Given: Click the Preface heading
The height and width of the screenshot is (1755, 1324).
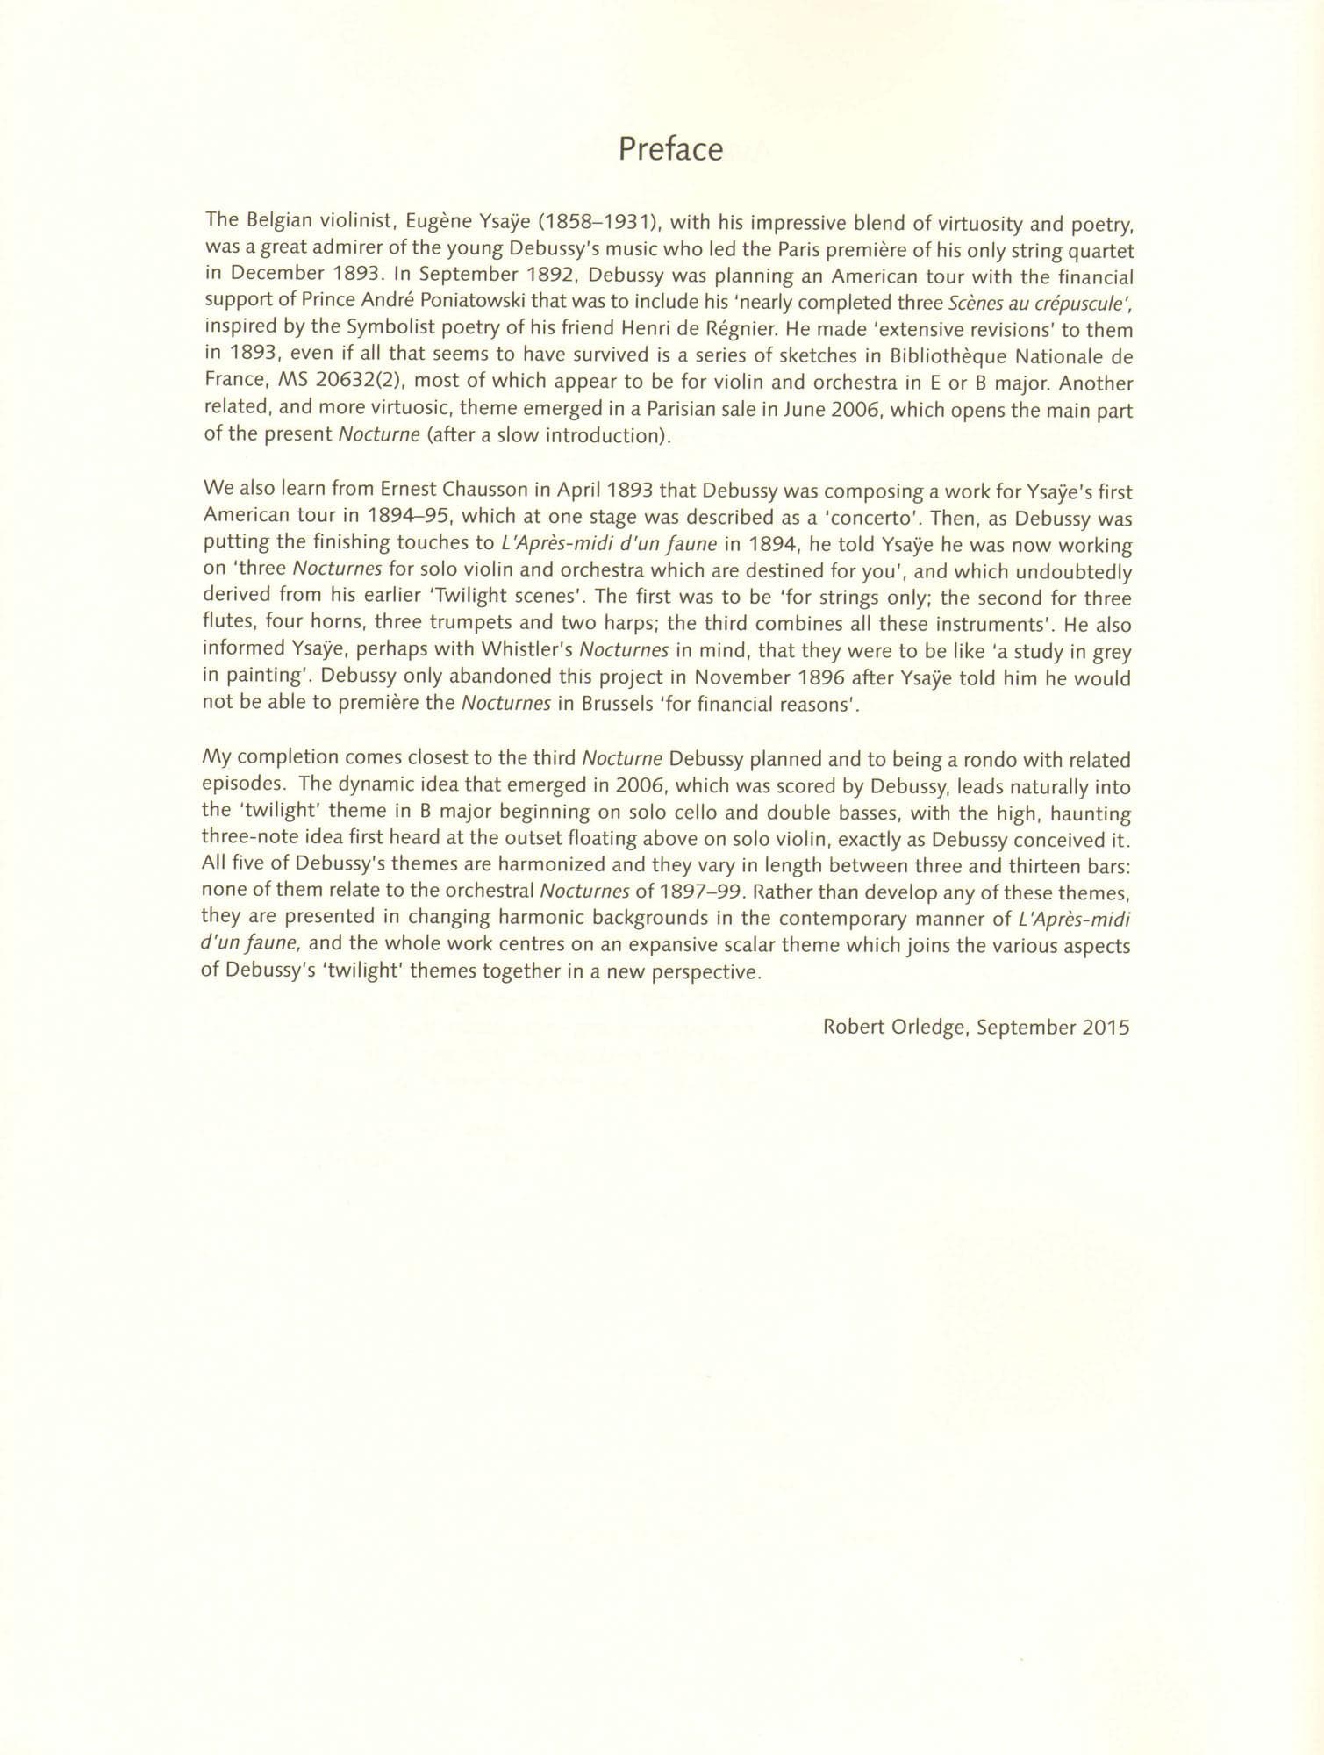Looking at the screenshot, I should pyautogui.click(x=670, y=150).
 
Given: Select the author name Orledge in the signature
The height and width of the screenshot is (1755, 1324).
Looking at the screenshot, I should pyautogui.click(x=921, y=1026).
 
